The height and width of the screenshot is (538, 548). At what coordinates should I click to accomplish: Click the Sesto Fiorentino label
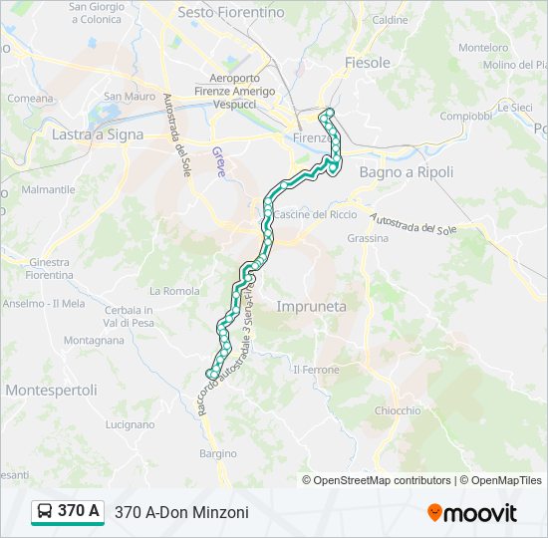point(230,13)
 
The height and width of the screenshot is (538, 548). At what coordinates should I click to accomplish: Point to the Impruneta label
point(311,307)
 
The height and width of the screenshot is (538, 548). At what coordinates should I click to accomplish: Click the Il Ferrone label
point(316,370)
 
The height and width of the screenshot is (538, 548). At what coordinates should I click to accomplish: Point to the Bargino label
point(217,453)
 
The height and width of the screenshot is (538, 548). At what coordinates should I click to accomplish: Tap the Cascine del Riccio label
point(315,214)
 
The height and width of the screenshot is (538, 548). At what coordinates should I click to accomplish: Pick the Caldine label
point(391,20)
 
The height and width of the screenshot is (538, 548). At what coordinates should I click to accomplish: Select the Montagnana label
point(94,340)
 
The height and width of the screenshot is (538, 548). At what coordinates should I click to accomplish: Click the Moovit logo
point(472,513)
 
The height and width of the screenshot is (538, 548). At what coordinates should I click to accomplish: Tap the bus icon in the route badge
point(45,512)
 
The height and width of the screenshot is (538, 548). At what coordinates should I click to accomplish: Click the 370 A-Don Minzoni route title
point(181,512)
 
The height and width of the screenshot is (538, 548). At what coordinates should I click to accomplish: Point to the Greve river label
point(218,162)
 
